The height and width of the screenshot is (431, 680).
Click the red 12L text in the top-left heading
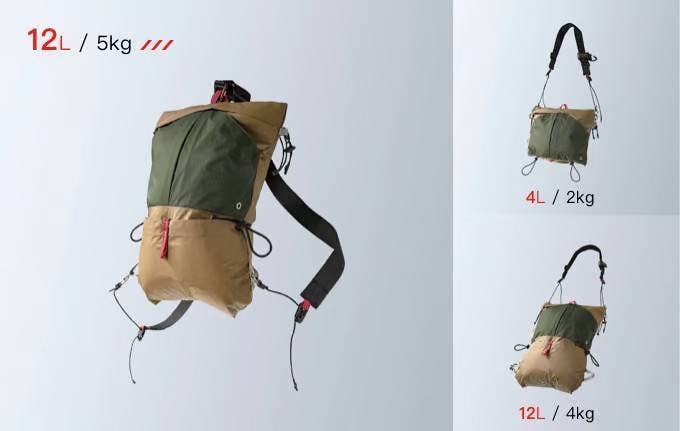tap(48, 40)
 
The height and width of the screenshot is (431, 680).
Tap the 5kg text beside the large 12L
tap(114, 43)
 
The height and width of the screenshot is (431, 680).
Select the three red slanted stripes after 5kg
tap(157, 45)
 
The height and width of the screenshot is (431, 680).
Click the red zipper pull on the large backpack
tap(165, 238)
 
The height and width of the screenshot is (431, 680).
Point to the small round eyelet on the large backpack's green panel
tap(239, 206)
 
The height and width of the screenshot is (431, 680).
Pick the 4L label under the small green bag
tap(536, 198)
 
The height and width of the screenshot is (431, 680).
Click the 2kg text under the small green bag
tap(580, 198)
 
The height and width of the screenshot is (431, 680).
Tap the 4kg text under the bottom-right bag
tap(580, 413)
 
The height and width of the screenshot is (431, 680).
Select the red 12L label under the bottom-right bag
tap(532, 413)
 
